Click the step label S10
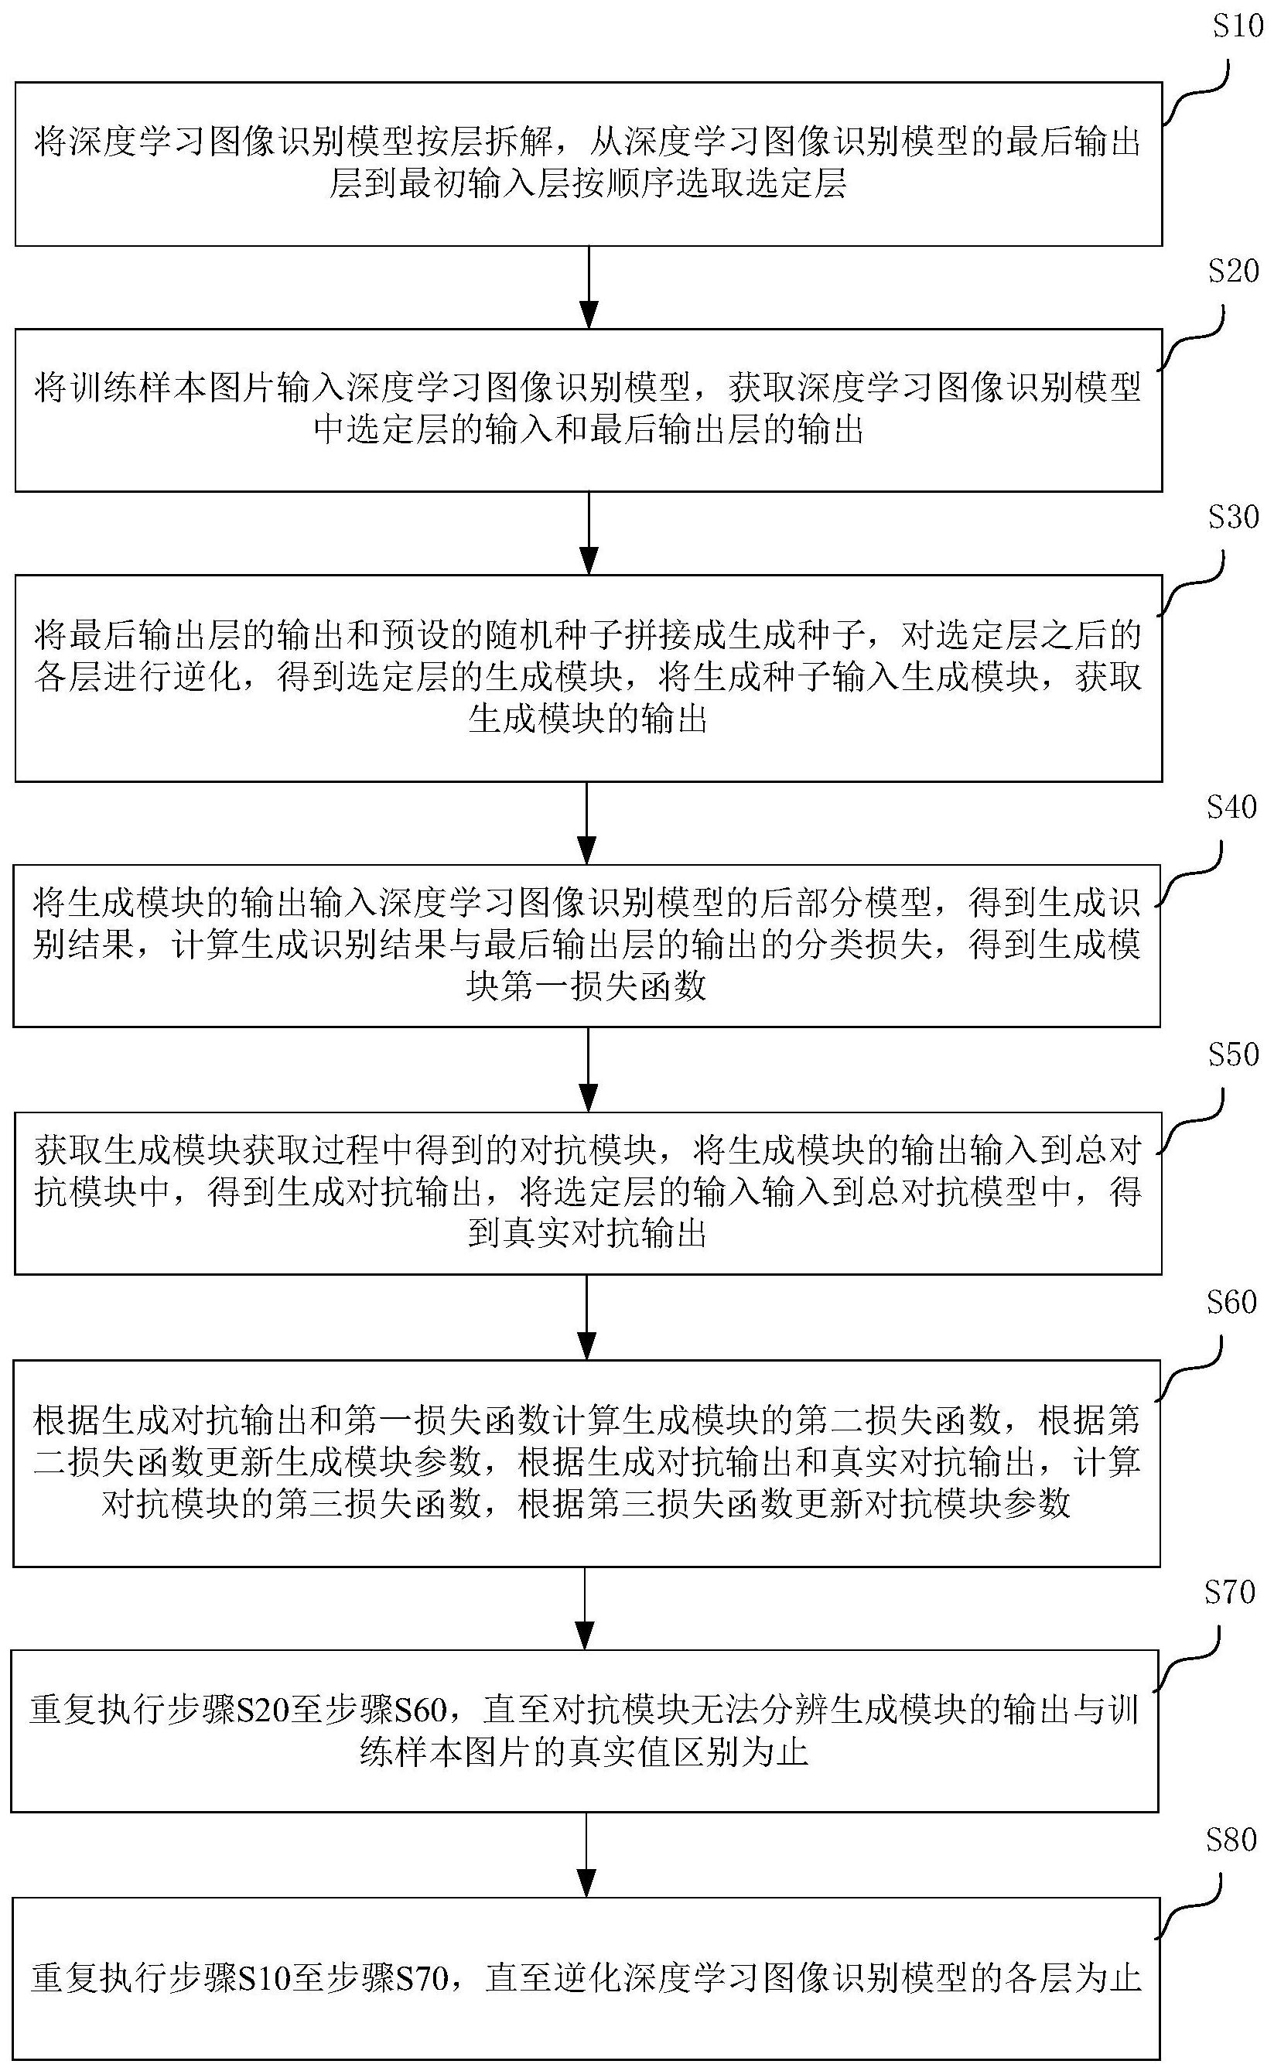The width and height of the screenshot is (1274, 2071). (x=1238, y=27)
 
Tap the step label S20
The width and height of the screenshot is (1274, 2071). (x=1233, y=272)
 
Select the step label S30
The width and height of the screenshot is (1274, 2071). (x=1233, y=517)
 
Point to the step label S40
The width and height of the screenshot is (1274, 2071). (x=1231, y=807)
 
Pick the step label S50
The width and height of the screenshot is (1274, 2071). (x=1233, y=1055)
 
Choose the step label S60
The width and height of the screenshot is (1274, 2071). (x=1231, y=1302)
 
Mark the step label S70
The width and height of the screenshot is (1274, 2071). (x=1229, y=1591)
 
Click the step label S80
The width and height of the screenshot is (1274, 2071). (x=1231, y=1839)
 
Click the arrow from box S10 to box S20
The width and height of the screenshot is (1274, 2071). (x=589, y=287)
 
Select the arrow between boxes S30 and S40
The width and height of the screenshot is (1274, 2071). (x=587, y=823)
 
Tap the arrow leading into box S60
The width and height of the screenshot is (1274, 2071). (x=587, y=1317)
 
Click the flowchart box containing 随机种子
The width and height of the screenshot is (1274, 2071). (x=588, y=678)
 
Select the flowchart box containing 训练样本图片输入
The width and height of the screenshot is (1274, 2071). (x=588, y=410)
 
